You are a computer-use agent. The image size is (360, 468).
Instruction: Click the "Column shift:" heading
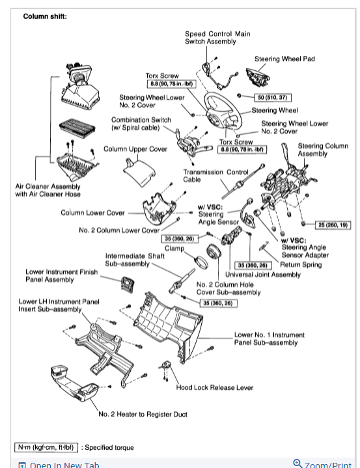tap(45, 16)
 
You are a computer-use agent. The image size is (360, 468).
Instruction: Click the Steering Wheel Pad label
tap(284, 59)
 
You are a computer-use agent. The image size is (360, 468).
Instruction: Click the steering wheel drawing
tap(223, 109)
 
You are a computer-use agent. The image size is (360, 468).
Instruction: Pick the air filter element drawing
tap(77, 127)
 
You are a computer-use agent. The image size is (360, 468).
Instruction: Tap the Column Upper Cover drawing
tap(139, 172)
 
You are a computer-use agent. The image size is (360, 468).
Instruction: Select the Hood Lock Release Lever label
tap(215, 387)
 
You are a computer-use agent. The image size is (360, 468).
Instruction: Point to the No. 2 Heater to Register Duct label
tap(143, 414)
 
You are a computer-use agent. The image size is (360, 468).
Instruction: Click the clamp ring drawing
tap(201, 262)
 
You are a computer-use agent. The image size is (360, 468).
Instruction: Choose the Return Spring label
tap(301, 265)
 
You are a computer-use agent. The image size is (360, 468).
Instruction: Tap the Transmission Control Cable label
tap(215, 176)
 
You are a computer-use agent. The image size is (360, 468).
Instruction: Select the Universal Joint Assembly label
tap(263, 275)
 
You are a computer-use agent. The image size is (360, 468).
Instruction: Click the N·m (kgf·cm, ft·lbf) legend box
tap(46, 447)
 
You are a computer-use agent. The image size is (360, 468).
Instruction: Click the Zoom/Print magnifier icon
tap(298, 463)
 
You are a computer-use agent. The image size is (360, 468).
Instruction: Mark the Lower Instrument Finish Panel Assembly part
tap(128, 284)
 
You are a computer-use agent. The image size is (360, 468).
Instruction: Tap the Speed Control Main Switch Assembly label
tap(217, 38)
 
